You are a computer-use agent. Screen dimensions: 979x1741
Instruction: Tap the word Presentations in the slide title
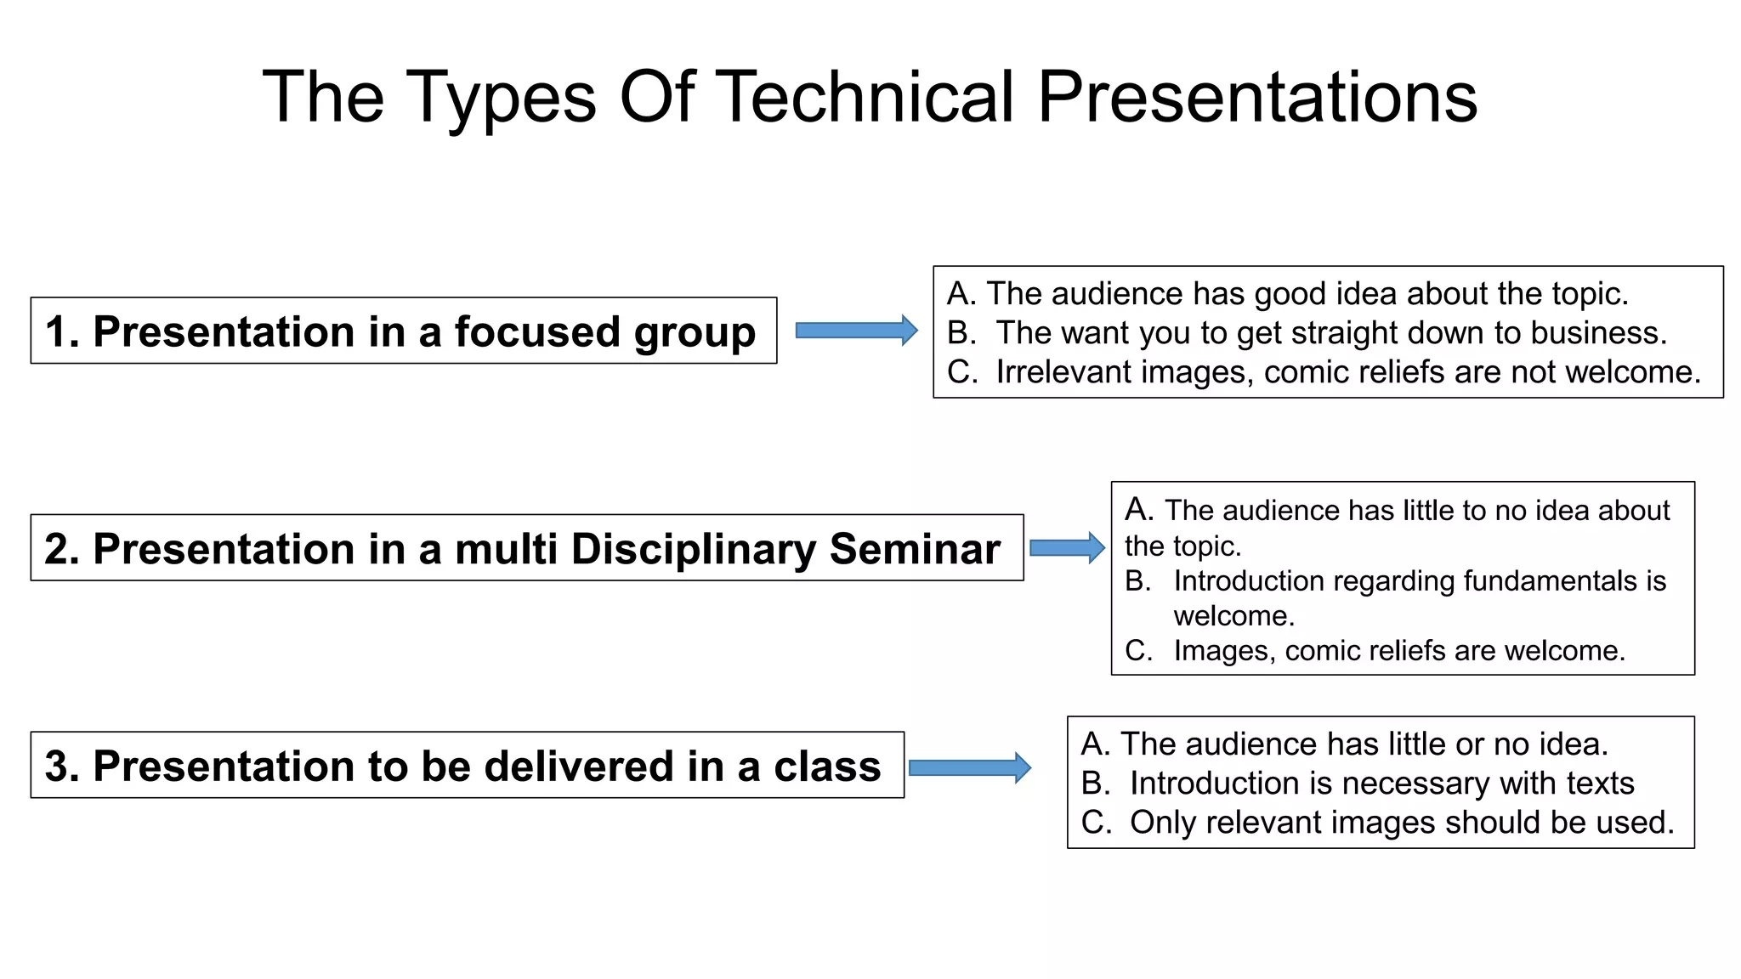click(x=1257, y=97)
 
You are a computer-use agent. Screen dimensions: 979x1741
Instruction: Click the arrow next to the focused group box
click(x=856, y=331)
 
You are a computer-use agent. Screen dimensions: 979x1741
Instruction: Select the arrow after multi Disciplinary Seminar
click(x=1067, y=548)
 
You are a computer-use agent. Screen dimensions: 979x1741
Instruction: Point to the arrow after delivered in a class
click(x=969, y=768)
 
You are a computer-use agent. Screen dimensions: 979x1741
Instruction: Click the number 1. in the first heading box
click(x=62, y=331)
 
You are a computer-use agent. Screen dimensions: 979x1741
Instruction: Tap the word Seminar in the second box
click(x=915, y=549)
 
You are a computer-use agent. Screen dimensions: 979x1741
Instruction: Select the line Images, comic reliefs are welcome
click(x=1398, y=651)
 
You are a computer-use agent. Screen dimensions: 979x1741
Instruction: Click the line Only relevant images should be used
click(x=1401, y=823)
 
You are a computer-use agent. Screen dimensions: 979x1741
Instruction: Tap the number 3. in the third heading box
click(x=62, y=767)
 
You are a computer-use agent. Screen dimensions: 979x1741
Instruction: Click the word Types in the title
click(x=502, y=97)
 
